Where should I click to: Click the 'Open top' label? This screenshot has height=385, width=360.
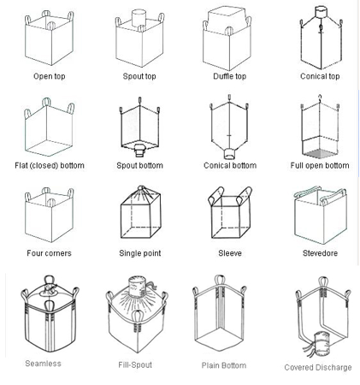(x=50, y=76)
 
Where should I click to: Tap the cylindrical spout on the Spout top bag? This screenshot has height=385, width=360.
(x=139, y=18)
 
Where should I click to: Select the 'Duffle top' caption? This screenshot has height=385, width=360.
(x=229, y=76)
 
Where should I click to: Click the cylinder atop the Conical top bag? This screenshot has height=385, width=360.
(x=321, y=12)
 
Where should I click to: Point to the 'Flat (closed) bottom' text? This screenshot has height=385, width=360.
(x=50, y=166)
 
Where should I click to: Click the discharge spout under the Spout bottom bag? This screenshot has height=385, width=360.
(x=139, y=151)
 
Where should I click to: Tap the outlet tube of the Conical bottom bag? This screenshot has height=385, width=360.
(x=229, y=154)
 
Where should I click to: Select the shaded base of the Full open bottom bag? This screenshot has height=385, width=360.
(x=320, y=153)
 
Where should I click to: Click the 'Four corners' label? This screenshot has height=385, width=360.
(x=49, y=253)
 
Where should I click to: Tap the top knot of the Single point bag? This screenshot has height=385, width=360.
(x=141, y=188)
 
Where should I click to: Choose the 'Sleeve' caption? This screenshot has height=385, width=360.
(x=230, y=253)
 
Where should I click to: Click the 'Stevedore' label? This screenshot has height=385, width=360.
(x=320, y=253)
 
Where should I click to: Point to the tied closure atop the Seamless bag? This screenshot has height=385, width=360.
(x=49, y=287)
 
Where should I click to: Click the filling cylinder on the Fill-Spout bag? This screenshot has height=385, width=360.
(x=138, y=287)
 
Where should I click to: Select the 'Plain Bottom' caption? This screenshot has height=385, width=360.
(x=224, y=365)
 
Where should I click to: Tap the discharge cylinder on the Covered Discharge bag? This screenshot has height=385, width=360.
(x=322, y=343)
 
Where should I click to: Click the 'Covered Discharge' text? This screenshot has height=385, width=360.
(x=318, y=368)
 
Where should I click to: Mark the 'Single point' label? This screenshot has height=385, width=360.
(x=140, y=253)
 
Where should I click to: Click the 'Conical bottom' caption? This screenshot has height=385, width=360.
(x=230, y=166)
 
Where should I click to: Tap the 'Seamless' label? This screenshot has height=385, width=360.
(x=43, y=364)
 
